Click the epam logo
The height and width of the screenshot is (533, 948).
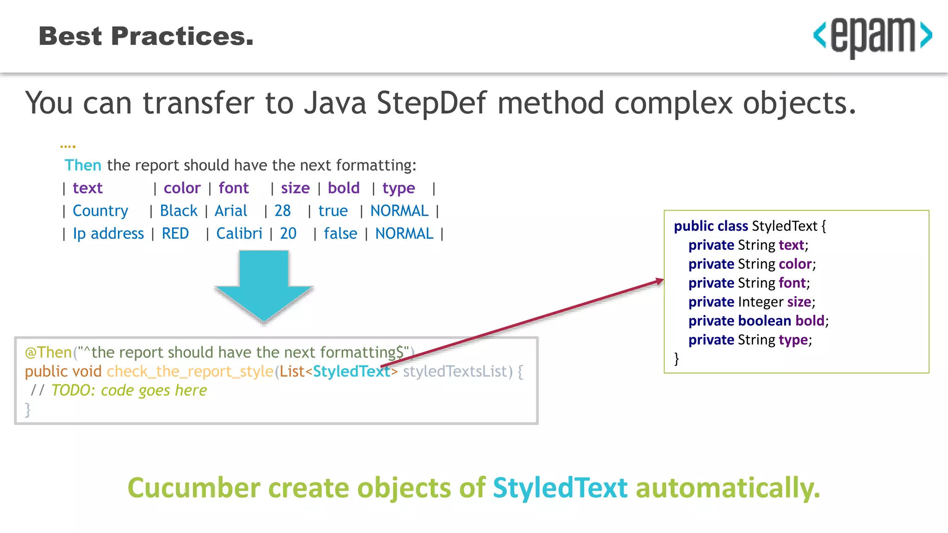873,36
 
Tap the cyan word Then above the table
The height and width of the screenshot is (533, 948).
83,165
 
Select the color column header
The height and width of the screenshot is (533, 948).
182,188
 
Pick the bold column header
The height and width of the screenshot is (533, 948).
343,188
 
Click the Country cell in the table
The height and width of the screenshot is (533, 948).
100,211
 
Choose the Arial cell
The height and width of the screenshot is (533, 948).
231,211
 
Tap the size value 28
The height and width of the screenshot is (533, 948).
282,211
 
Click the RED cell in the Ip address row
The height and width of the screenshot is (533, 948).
175,234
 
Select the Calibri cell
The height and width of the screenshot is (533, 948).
239,234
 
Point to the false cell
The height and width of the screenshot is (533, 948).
340,234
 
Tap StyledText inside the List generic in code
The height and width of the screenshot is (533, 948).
352,372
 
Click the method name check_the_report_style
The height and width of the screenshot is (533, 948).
190,372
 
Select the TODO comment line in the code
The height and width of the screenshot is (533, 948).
119,390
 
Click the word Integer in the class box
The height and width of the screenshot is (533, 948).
761,302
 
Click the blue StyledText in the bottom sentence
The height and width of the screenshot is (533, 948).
560,488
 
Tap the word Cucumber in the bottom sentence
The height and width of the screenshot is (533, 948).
194,488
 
